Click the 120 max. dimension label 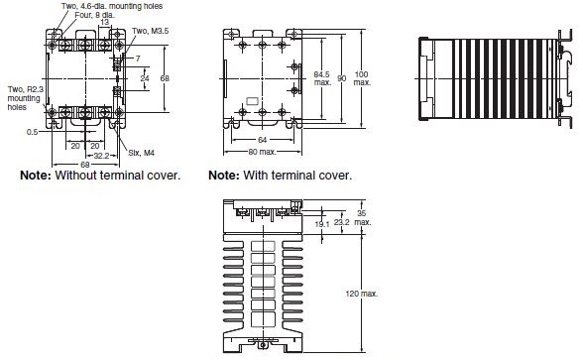(x=361, y=294)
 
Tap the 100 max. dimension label (x=362, y=78)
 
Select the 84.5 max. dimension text (x=322, y=78)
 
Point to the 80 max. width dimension (x=262, y=152)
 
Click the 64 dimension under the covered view (x=262, y=140)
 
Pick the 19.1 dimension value (x=322, y=224)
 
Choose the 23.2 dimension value (x=341, y=222)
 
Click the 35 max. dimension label (x=362, y=217)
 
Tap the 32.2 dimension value (x=101, y=156)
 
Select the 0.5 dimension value (x=33, y=132)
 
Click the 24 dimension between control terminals (x=145, y=78)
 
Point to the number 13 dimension (x=105, y=22)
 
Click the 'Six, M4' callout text (x=141, y=153)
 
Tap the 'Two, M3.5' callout (x=151, y=31)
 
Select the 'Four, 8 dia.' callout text (x=95, y=15)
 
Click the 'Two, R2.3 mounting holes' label (x=26, y=98)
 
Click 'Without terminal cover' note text (x=117, y=176)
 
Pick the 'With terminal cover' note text (x=297, y=176)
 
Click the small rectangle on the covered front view (x=253, y=101)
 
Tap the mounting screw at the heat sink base (x=264, y=345)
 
